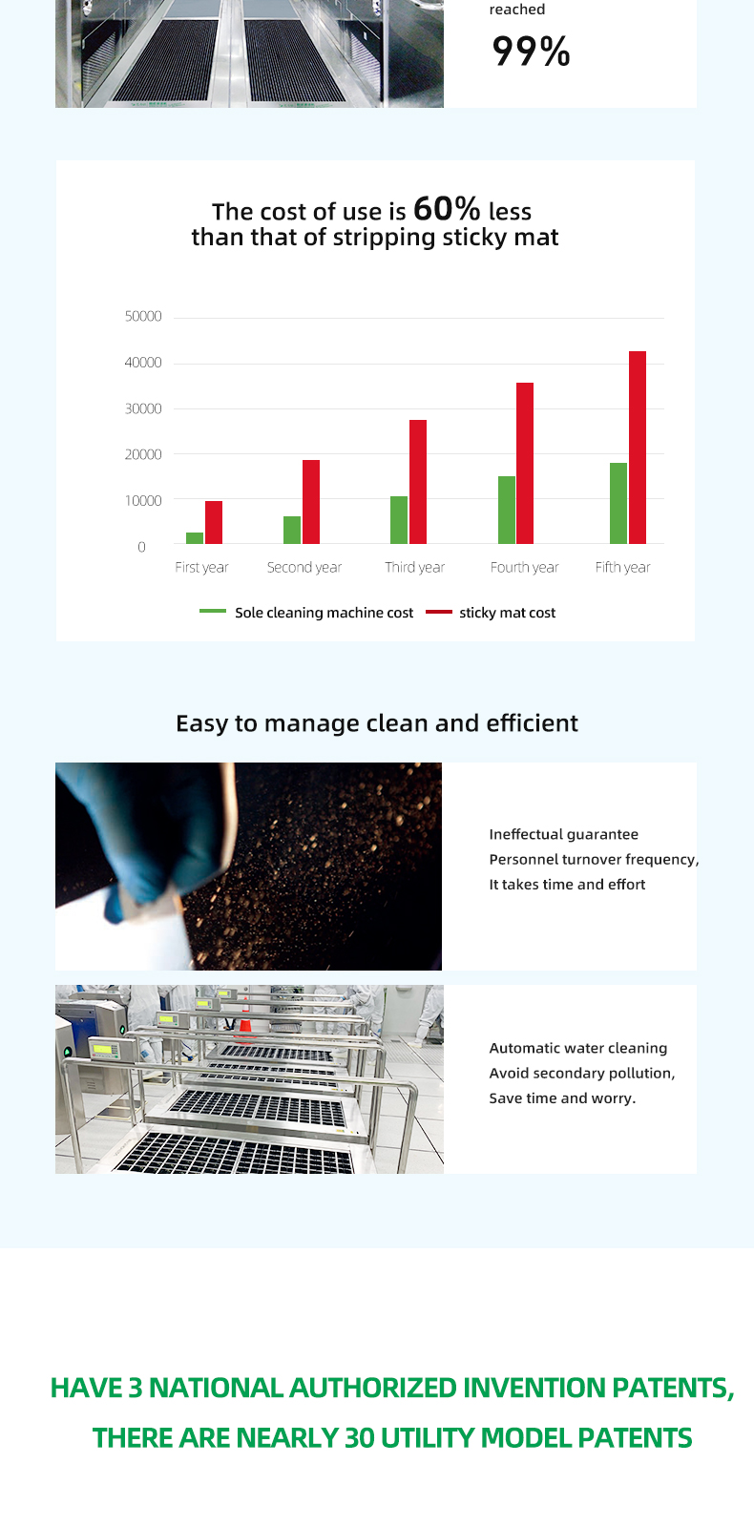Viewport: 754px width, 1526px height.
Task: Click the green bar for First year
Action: pyautogui.click(x=195, y=538)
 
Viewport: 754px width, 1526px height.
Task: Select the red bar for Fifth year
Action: pyautogui.click(x=638, y=448)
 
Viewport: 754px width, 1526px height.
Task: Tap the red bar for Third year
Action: pyautogui.click(x=418, y=482)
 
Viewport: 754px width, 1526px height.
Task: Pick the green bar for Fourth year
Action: pyautogui.click(x=507, y=510)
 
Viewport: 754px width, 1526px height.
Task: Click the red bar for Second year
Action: pyautogui.click(x=311, y=502)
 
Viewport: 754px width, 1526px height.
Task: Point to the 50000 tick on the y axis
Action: pyautogui.click(x=143, y=316)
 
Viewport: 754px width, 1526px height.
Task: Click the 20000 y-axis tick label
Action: pyautogui.click(x=143, y=454)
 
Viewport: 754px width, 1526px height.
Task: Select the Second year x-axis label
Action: pyautogui.click(x=304, y=568)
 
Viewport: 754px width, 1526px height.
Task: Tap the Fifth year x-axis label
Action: pyautogui.click(x=622, y=568)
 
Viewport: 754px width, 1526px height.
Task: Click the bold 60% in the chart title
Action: pyautogui.click(x=447, y=208)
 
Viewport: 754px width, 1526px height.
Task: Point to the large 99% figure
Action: pyautogui.click(x=531, y=52)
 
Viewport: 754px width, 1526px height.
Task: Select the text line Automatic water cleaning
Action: pyautogui.click(x=578, y=1048)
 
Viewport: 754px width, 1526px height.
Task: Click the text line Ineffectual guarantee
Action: pyautogui.click(x=564, y=834)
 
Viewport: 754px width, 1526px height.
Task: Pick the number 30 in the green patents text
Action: pyautogui.click(x=360, y=1438)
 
